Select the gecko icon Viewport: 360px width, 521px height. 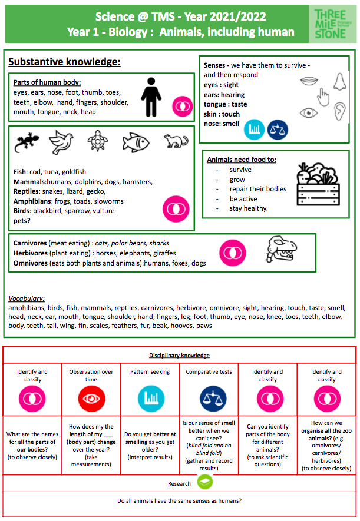26,142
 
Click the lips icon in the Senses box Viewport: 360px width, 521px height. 310,80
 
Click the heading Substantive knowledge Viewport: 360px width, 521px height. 65,62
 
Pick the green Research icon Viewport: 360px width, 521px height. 205,482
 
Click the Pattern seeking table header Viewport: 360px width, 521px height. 150,372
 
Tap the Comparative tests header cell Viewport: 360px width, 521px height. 208,372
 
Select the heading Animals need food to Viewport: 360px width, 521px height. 242,160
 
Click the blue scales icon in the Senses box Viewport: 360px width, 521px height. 278,129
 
